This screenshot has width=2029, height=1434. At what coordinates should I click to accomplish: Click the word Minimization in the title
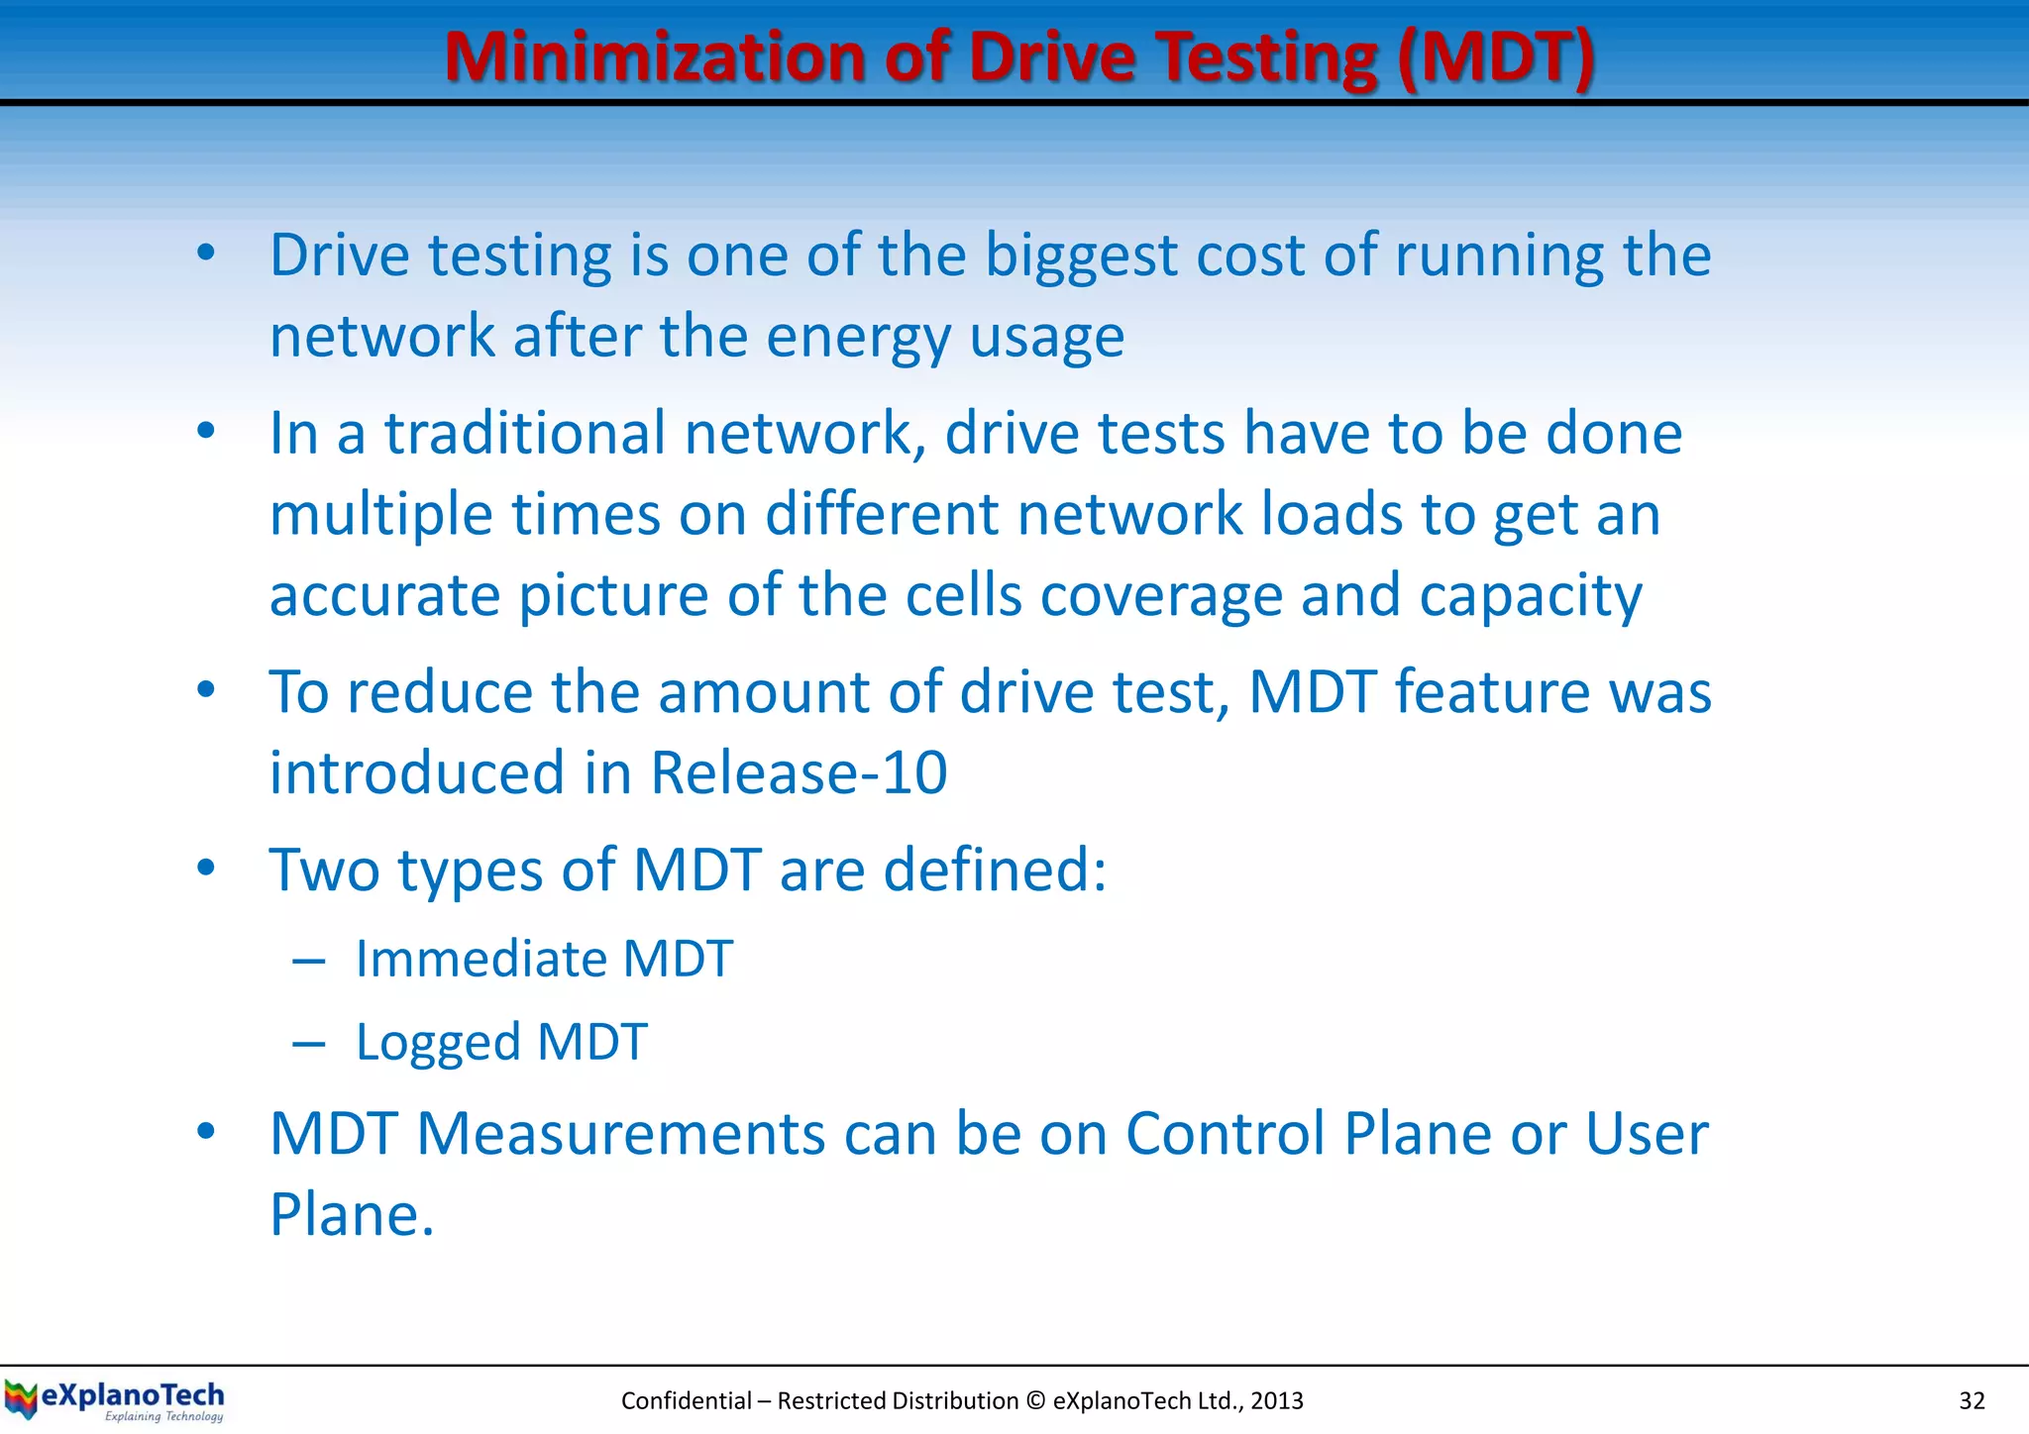point(654,56)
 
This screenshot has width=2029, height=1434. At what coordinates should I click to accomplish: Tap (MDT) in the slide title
point(1495,56)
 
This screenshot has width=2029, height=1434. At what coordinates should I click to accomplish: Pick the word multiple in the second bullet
point(380,516)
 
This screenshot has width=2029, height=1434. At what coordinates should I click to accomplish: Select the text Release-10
point(799,772)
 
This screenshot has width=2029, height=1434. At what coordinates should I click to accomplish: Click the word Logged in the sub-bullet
point(437,1043)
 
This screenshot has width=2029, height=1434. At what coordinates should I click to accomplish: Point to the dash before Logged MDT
point(309,1044)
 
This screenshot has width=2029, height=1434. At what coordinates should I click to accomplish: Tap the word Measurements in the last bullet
point(620,1134)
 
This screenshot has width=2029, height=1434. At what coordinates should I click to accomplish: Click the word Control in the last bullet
point(1225,1134)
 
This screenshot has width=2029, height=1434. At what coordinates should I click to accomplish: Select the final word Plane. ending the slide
point(352,1215)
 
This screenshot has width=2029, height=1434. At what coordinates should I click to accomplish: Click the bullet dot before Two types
point(206,869)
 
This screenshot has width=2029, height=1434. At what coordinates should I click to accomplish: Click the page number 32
point(1972,1400)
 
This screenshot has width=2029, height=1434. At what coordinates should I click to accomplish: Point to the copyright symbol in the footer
point(1035,1400)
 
